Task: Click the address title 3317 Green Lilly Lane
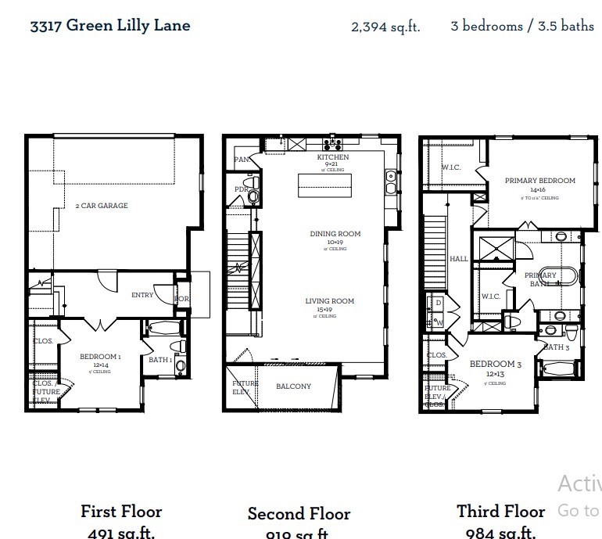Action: pos(109,25)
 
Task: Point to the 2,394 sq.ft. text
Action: pos(385,27)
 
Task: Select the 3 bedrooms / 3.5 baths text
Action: pos(522,26)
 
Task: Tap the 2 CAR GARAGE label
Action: pos(101,206)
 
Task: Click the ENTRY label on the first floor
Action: pos(142,295)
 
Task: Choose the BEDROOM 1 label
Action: pos(100,357)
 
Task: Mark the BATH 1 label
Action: pos(159,360)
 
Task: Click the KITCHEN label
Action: pos(332,157)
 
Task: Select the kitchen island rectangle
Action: pos(324,187)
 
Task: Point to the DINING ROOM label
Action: pos(335,234)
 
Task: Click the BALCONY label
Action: pos(293,386)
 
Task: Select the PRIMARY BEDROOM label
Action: pos(539,181)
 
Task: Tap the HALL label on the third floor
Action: pos(458,259)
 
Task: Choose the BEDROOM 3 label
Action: pos(496,365)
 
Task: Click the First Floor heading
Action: pos(121,512)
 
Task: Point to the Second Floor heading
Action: pos(299,514)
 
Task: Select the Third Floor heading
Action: pos(501,512)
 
